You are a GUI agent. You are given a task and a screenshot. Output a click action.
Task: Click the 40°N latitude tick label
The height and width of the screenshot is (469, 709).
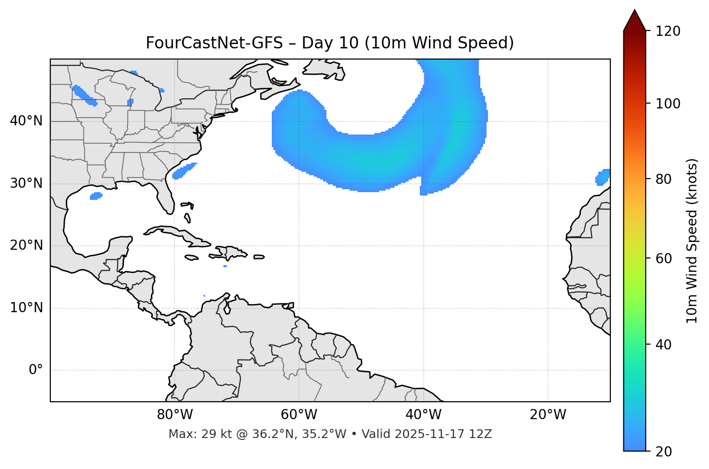[x=27, y=121]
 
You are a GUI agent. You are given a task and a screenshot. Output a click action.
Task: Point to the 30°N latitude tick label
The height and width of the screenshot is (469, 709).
[x=27, y=183]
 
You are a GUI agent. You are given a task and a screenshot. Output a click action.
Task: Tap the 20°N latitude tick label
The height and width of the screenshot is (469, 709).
[x=27, y=245]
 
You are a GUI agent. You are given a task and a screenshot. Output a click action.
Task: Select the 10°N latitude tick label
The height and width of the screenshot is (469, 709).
[x=27, y=308]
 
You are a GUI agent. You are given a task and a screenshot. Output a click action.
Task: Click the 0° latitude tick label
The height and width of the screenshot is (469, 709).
[x=36, y=370]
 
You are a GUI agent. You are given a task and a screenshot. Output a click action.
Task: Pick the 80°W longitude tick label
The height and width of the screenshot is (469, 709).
[x=175, y=415]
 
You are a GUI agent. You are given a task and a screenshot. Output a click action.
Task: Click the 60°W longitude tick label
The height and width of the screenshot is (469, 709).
[x=299, y=415]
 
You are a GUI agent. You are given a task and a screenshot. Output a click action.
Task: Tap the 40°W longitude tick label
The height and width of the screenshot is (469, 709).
[x=423, y=415]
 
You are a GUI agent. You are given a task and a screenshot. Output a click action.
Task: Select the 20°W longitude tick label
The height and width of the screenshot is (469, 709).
[x=547, y=415]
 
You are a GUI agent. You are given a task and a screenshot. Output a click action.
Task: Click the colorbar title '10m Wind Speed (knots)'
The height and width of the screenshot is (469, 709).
[x=692, y=241]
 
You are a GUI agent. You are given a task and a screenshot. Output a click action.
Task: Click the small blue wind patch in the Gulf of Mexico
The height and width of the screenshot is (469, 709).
[x=96, y=196]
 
